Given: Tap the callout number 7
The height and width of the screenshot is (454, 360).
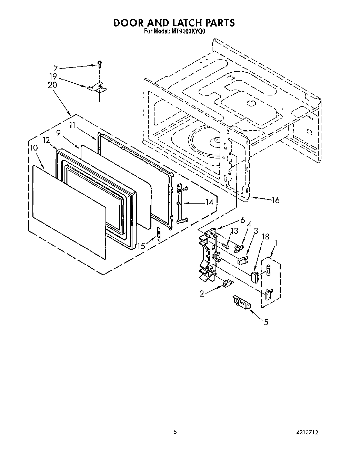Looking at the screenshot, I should pos(55,68).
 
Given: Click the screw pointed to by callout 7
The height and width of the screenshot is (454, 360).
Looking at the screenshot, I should pos(99,63).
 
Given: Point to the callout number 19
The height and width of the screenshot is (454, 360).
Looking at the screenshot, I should pos(53,77).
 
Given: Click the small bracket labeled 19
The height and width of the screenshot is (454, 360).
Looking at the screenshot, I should pos(97,88).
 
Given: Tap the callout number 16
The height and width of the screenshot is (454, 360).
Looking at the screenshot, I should pos(275,200).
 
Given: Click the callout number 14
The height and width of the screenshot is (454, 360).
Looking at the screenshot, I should pos(209,203).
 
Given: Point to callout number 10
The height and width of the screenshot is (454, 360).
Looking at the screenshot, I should pos(34,147).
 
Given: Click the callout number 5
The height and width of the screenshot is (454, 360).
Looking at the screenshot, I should pos(266,322).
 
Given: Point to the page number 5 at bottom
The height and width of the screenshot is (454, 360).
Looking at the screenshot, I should pos(175,432).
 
